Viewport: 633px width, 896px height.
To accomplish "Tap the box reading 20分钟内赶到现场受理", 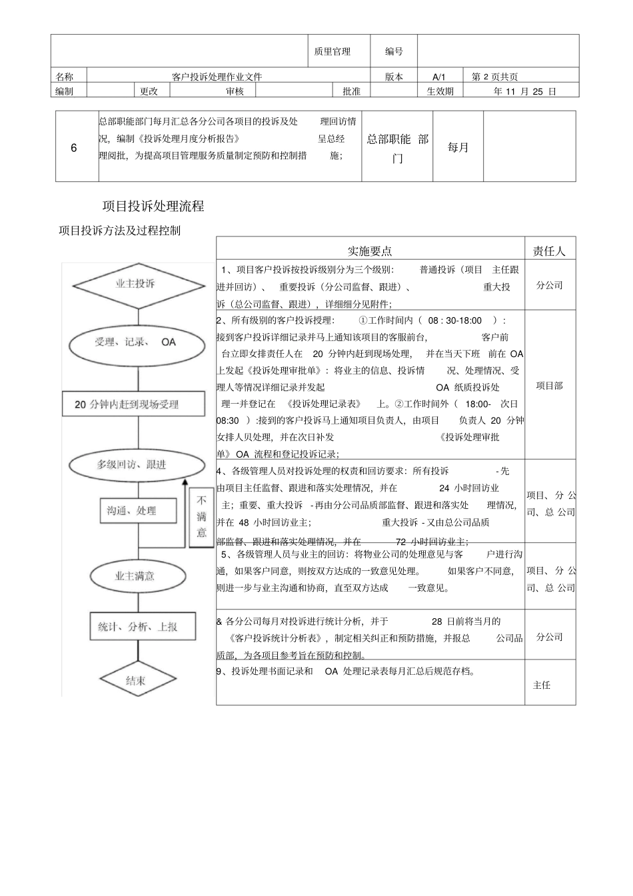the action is click(127, 404).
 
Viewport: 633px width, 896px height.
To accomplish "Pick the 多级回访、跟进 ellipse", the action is click(132, 464).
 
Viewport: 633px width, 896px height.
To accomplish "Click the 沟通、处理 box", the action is click(132, 511).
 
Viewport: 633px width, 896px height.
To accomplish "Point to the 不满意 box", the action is click(201, 517).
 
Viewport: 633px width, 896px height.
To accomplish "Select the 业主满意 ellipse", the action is click(135, 576).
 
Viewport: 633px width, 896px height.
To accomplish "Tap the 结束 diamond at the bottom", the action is click(135, 681).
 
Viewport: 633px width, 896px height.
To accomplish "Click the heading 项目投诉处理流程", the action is click(153, 207).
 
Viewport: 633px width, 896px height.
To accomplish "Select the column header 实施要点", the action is click(370, 251).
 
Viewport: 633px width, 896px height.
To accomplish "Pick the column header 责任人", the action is click(549, 251).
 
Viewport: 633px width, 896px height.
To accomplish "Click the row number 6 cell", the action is click(74, 148).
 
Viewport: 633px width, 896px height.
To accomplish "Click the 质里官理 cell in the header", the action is click(332, 51).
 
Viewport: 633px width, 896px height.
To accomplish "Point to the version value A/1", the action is click(438, 77).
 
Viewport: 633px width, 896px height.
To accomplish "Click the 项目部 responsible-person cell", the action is click(549, 386).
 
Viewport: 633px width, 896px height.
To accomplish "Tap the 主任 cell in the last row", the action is click(542, 685).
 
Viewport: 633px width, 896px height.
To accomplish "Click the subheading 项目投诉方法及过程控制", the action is click(119, 231).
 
